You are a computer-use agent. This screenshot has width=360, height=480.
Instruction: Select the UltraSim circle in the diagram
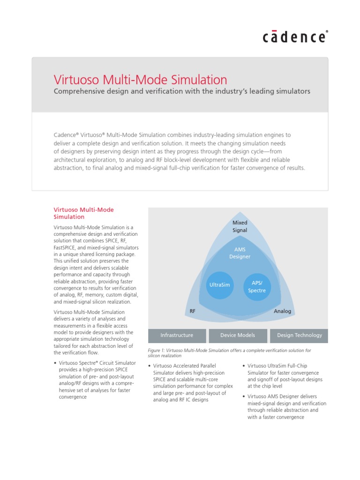(x=219, y=285)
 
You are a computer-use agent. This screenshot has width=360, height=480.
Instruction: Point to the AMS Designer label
(x=240, y=253)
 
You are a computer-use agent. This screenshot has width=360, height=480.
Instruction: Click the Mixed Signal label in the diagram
(x=240, y=226)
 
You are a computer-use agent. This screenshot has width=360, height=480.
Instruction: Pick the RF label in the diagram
(x=192, y=311)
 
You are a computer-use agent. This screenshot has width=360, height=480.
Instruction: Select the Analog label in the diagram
(x=282, y=311)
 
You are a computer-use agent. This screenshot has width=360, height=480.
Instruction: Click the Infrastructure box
(x=177, y=335)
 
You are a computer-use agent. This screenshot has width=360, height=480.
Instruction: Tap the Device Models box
(x=238, y=335)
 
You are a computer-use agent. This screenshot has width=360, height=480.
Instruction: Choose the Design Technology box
(x=300, y=335)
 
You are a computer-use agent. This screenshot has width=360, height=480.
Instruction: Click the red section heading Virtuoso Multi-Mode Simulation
(x=84, y=213)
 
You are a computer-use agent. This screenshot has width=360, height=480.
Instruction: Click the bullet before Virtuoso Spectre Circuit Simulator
(x=55, y=363)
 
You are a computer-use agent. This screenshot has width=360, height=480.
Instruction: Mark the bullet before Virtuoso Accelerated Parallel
(x=149, y=366)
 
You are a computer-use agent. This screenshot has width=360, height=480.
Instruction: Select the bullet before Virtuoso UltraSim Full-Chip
(x=244, y=366)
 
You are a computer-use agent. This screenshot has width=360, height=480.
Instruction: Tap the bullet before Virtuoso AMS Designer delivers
(x=244, y=397)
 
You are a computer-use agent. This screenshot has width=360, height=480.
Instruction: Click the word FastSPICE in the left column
(x=68, y=247)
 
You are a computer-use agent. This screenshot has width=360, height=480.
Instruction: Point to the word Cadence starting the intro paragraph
(x=65, y=135)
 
